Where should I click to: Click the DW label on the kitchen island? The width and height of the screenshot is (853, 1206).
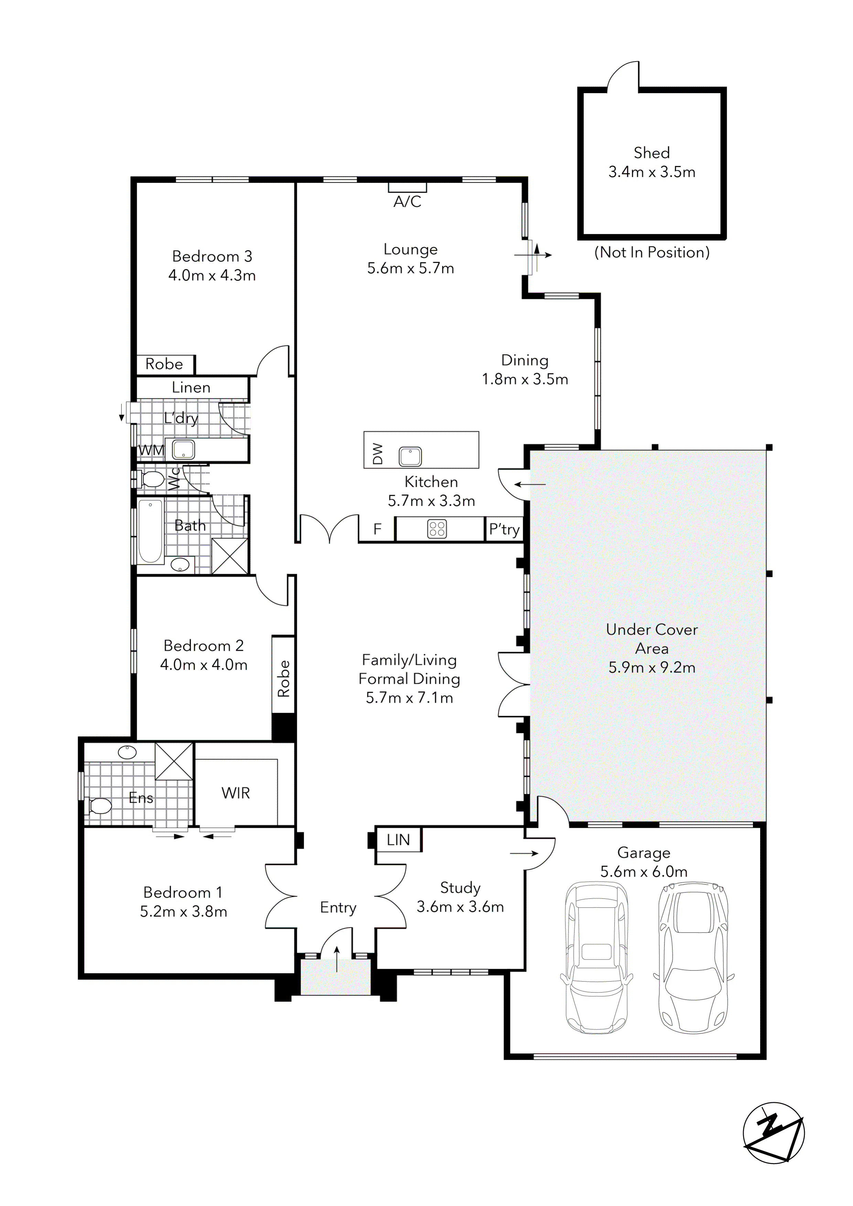tap(377, 454)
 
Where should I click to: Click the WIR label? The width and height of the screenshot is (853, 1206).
tap(236, 793)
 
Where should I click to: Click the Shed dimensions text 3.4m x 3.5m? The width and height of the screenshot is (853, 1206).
tap(652, 172)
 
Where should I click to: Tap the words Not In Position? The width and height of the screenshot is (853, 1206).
tap(652, 253)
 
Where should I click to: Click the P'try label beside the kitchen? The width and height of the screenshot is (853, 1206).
tap(504, 529)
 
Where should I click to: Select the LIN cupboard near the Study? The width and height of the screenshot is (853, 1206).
tap(398, 840)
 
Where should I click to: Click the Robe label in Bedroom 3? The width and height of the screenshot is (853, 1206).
tap(164, 364)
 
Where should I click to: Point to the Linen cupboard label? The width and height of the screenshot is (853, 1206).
tap(191, 388)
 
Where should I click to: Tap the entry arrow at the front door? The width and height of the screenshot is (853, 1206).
tap(337, 958)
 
